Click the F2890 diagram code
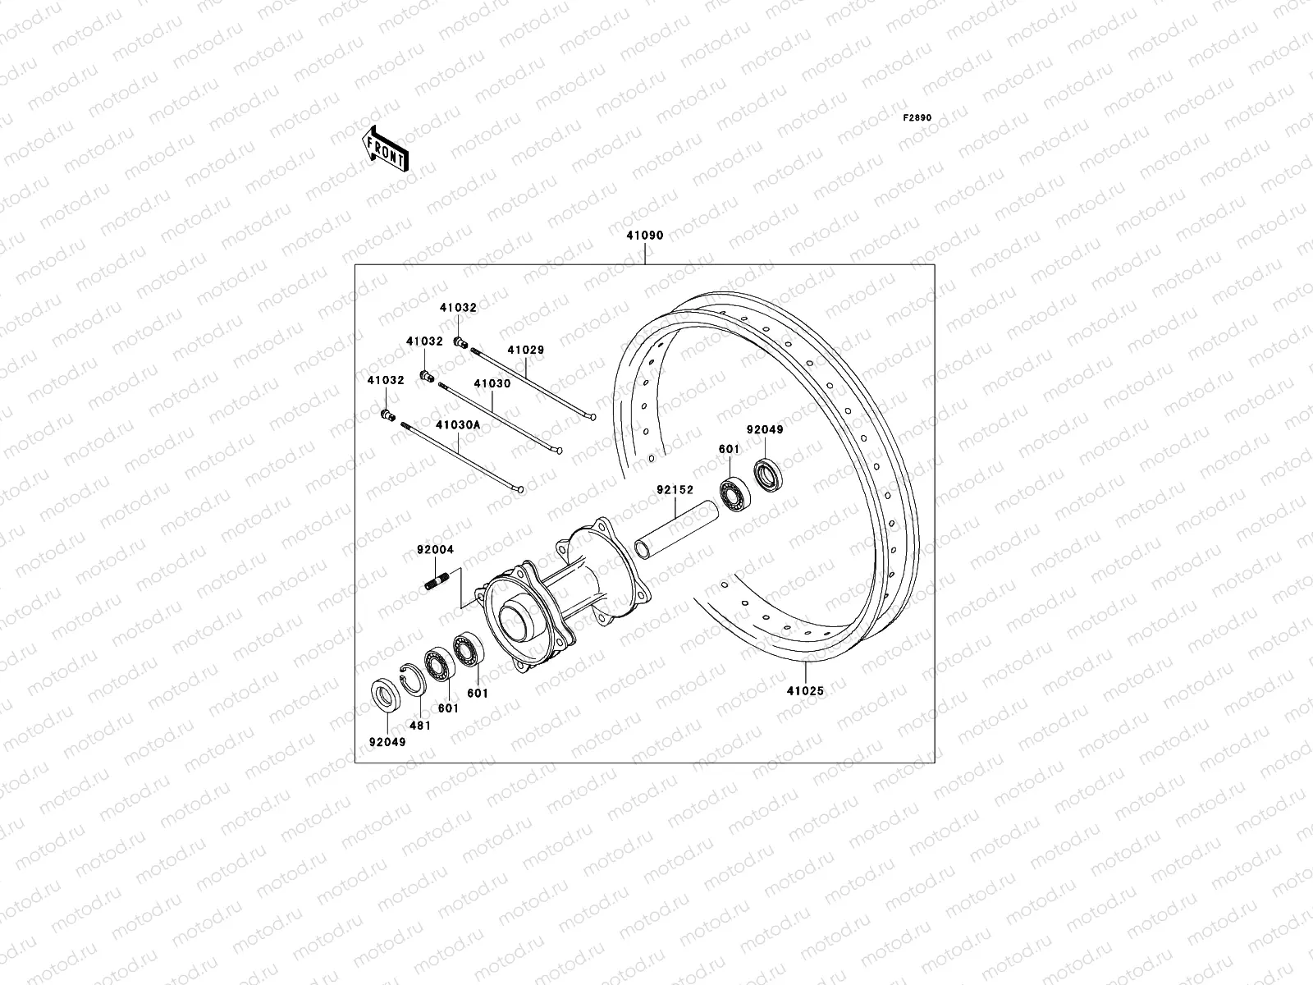point(917,118)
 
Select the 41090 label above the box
point(644,236)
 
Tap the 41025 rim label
point(804,691)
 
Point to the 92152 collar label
point(675,490)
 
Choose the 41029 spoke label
point(525,350)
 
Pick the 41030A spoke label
point(458,425)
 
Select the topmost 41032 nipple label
point(457,307)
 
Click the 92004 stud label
point(435,551)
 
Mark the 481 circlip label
point(419,726)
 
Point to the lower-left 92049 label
point(386,741)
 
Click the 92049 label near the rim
point(764,429)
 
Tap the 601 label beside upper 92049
point(729,449)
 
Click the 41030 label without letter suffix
point(492,383)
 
